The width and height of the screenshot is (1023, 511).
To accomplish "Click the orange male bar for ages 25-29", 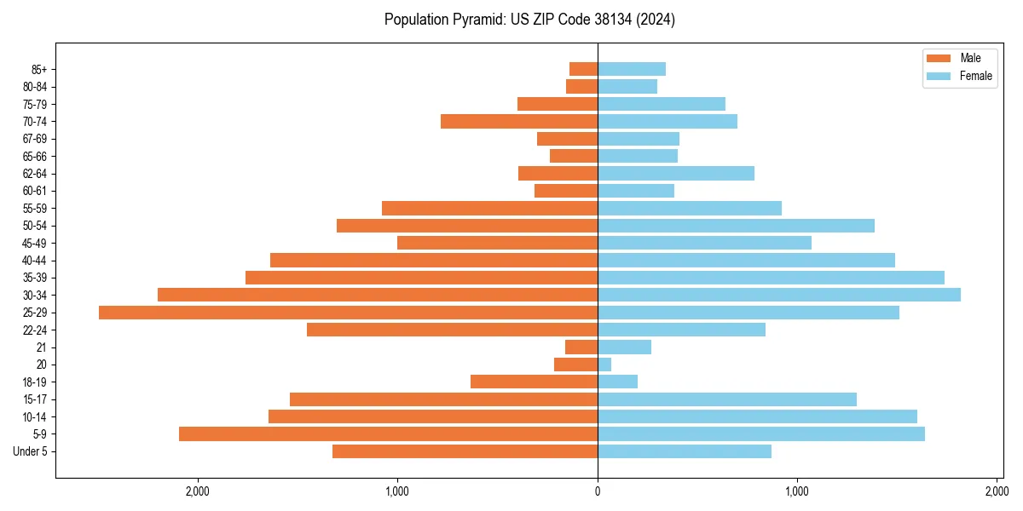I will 348,313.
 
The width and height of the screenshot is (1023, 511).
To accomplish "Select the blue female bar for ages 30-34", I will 779,295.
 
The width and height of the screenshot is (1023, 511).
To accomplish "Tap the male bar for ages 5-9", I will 388,433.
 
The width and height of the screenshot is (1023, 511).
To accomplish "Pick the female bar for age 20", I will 604,365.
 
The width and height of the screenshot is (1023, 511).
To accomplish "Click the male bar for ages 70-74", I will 519,121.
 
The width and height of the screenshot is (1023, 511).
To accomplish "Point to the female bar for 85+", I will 632,69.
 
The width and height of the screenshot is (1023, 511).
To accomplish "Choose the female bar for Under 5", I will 685,451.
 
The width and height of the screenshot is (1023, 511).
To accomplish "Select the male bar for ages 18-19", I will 534,382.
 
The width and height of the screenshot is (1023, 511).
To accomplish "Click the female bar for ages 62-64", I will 676,173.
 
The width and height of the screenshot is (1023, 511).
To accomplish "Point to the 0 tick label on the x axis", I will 598,491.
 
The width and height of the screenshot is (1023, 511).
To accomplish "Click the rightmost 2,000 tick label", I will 997,491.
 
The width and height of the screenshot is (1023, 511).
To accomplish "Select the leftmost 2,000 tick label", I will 198,491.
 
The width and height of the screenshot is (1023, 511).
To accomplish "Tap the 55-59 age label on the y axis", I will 34,208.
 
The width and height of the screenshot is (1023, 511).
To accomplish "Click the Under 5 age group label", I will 30,451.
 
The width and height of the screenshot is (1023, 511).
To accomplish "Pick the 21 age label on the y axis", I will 41,347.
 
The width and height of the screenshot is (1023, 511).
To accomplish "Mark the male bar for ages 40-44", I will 434,260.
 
